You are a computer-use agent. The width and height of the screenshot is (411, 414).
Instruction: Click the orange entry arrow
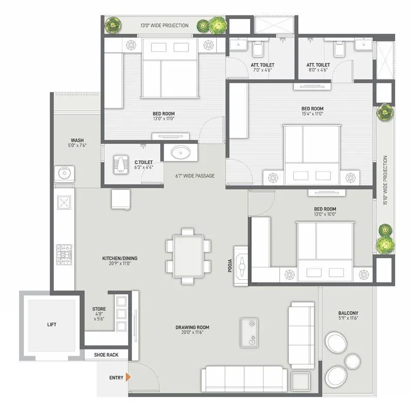click(x=128, y=378)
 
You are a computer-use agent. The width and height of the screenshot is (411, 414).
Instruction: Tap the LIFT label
click(x=51, y=325)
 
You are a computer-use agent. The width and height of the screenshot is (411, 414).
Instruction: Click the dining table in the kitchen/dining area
click(x=188, y=256)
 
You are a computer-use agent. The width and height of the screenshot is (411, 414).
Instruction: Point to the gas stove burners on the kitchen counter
click(x=64, y=254)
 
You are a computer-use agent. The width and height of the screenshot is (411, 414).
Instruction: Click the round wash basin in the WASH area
click(x=64, y=173)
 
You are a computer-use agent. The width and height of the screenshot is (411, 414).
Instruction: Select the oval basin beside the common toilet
click(x=181, y=153)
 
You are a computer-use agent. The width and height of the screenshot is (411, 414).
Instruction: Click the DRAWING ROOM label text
click(x=192, y=327)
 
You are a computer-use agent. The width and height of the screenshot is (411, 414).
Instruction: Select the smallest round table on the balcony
click(x=353, y=361)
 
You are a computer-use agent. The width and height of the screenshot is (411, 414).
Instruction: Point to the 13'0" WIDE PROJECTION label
click(x=164, y=25)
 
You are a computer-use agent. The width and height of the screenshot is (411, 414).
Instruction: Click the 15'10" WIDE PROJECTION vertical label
click(x=385, y=181)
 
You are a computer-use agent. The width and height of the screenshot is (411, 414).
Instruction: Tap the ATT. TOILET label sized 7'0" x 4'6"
click(x=261, y=65)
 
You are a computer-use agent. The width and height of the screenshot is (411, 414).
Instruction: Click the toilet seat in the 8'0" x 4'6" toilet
click(x=339, y=49)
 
